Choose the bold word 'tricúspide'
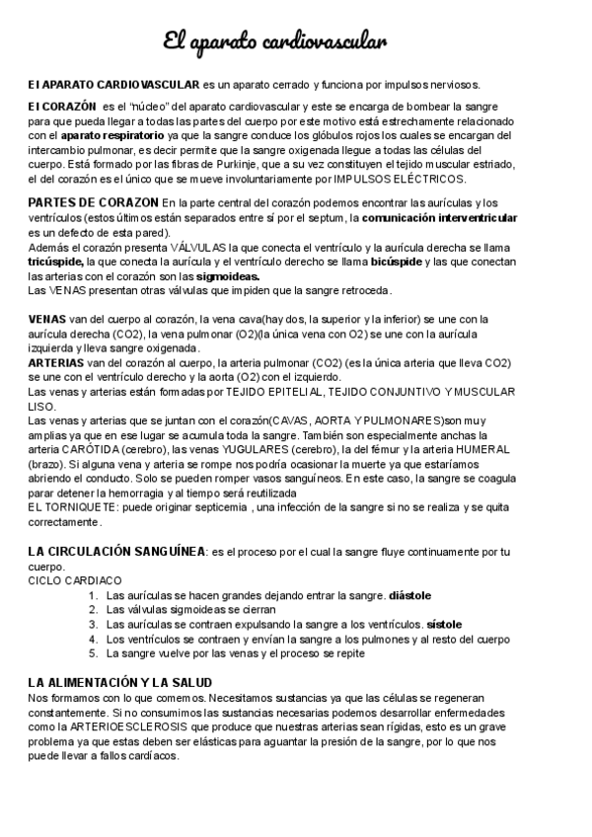[x=55, y=263]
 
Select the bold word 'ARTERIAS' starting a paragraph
[x=56, y=363]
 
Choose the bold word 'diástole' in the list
[x=410, y=595]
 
